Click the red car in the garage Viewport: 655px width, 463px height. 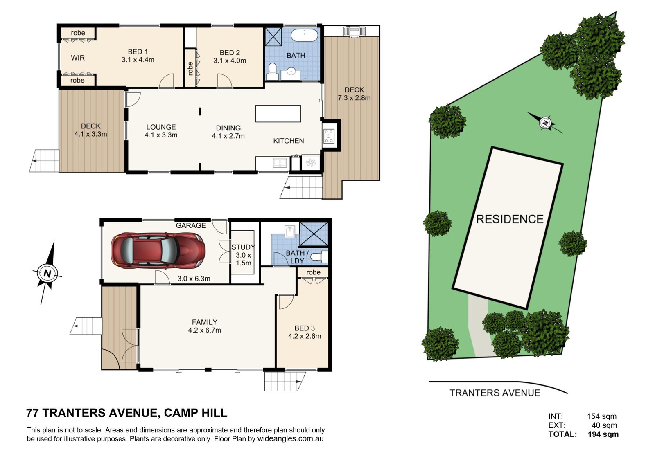pos(158,250)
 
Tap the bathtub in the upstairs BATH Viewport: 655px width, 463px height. pos(305,35)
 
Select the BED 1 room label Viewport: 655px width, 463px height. pos(138,52)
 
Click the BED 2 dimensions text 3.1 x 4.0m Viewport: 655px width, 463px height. pos(230,61)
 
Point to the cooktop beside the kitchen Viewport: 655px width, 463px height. pos(329,136)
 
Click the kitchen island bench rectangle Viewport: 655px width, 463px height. pos(278,114)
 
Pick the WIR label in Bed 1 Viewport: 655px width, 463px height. pos(78,58)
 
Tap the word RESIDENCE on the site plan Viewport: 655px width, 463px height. pos(510,219)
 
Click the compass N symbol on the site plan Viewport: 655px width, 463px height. pos(545,123)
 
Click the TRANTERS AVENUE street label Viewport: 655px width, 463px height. pos(495,393)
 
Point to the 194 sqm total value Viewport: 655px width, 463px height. pos(603,434)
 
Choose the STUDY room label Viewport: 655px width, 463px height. pos(243,247)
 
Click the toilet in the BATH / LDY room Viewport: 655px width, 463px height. pos(319,257)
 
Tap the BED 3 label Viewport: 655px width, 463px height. pos(305,328)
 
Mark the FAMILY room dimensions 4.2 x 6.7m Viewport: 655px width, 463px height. pos(205,330)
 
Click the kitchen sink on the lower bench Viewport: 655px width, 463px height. pos(280,163)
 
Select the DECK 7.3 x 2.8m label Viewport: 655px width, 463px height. pos(354,94)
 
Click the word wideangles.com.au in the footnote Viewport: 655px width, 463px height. pos(290,439)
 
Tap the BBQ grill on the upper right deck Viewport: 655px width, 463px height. pos(354,31)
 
